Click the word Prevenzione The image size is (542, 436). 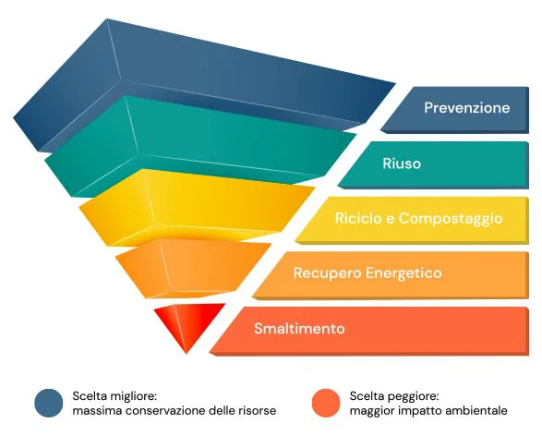pos(466,107)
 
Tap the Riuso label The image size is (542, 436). pos(402,163)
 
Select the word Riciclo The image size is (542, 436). pos(357,218)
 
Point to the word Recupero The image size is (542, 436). pos(327,273)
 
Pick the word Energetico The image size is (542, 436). pos(403,273)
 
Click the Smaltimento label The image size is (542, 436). pos(299,328)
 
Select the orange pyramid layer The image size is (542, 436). pos(192,268)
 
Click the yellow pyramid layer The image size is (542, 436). pos(197,207)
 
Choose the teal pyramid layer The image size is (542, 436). pos(200,145)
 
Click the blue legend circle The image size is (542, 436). pos(49,403)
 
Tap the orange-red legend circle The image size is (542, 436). pos(326,403)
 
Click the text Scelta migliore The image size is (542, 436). pos(114,396)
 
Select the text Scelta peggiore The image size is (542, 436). pos(394,396)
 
